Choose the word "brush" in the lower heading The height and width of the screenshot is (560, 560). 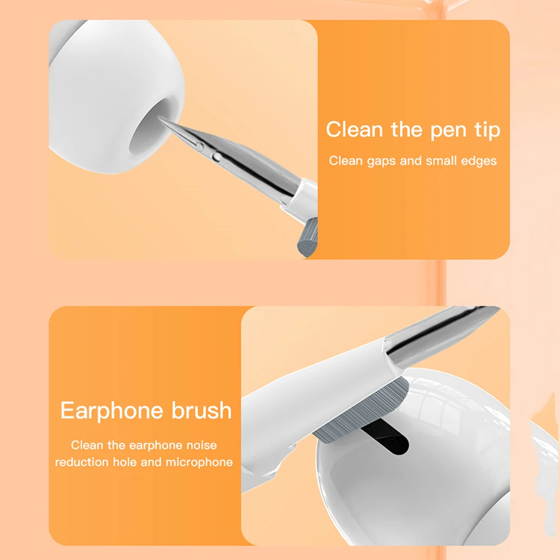click(202, 410)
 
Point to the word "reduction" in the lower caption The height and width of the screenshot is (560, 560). click(82, 462)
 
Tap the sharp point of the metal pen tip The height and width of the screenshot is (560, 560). click(159, 118)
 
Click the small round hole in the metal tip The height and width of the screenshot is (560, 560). click(216, 157)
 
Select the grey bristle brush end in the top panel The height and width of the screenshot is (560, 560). click(307, 238)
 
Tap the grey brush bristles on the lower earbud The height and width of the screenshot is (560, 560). click(361, 411)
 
